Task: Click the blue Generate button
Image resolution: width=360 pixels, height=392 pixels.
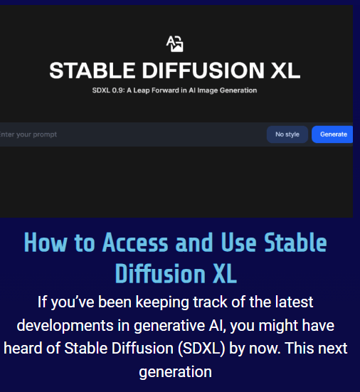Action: tap(332, 134)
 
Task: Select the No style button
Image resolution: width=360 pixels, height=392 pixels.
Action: tap(287, 134)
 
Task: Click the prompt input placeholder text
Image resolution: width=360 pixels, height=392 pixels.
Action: tap(28, 134)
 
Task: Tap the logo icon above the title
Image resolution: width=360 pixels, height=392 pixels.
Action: tap(175, 43)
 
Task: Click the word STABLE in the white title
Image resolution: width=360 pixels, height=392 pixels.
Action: tap(92, 70)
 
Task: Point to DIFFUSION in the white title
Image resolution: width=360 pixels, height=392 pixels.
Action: tap(203, 70)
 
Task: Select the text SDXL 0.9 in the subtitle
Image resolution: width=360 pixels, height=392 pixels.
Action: tap(108, 90)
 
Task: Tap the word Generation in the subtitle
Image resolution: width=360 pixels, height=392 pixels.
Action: tap(238, 90)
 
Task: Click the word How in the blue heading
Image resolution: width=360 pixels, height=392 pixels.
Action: tap(46, 243)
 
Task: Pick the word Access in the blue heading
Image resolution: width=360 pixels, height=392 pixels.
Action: tap(135, 243)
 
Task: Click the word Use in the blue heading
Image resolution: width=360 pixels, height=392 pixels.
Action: tap(239, 243)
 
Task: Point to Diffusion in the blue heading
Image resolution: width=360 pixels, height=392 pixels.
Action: tap(160, 274)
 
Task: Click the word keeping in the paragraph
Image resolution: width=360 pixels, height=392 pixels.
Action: tap(162, 302)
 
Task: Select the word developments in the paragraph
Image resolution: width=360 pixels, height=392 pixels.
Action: tap(65, 326)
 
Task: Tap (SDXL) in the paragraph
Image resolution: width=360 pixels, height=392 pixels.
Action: tap(201, 349)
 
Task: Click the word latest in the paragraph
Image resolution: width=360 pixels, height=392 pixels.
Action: tap(294, 302)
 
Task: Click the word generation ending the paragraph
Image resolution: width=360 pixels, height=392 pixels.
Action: tap(175, 372)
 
